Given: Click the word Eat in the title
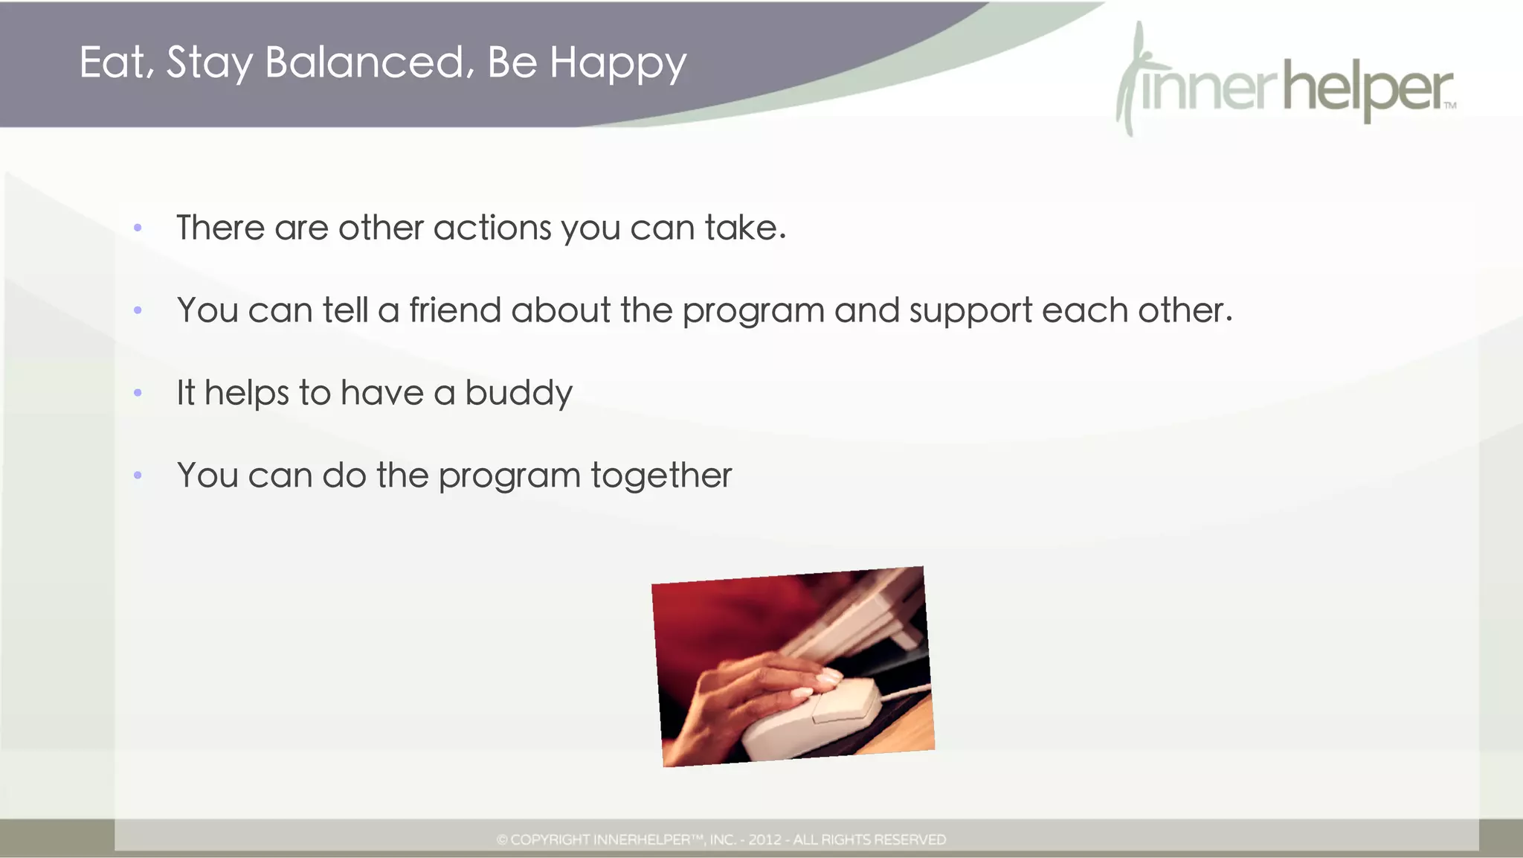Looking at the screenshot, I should [112, 62].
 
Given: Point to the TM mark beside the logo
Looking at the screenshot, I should [1450, 106].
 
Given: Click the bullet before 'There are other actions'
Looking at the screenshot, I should [138, 228].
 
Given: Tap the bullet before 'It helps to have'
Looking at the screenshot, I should [138, 393].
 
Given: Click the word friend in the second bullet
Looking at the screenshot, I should [454, 310].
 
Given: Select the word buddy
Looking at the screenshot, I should [518, 393].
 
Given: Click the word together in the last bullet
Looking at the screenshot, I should [661, 476].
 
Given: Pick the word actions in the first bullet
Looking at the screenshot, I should [492, 228].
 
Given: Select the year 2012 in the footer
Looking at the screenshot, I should [764, 840].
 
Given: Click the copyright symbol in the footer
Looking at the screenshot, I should [502, 840].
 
